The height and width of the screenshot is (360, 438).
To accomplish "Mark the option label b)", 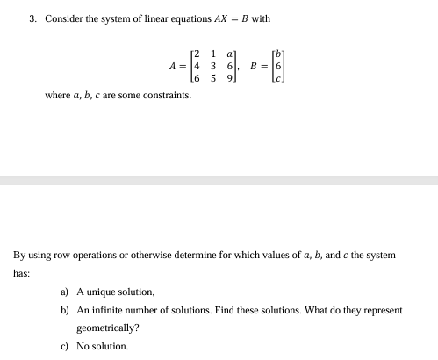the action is pyautogui.click(x=65, y=310).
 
